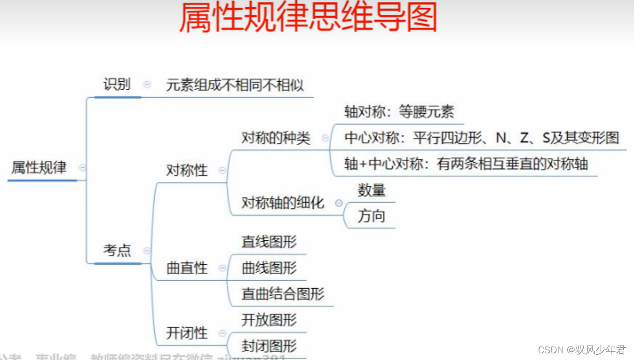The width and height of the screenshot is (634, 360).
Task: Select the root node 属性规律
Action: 39,167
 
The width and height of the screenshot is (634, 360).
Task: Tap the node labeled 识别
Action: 117,84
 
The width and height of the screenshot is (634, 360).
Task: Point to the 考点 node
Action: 117,251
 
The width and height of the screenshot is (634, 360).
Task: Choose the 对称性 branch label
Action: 187,170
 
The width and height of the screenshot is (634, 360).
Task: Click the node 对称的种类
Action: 276,138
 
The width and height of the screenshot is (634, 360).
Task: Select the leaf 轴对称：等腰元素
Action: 399,112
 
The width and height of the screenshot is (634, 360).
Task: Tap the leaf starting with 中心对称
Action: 481,138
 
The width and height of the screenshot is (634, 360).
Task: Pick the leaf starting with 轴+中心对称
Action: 466,164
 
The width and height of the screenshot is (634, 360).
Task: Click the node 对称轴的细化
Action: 283,203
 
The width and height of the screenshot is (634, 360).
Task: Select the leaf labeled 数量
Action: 371,191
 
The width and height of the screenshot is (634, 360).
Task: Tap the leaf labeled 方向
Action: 371,216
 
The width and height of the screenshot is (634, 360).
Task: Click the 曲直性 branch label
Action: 187,268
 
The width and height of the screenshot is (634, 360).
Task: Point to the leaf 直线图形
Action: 269,242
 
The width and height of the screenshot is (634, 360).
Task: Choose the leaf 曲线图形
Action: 269,268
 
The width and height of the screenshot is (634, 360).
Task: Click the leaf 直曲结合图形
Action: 283,294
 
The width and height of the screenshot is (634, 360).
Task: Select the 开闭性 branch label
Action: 187,333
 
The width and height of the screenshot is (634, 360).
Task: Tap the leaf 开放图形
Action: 269,320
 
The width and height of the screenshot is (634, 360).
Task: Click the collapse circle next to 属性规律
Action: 82,168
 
